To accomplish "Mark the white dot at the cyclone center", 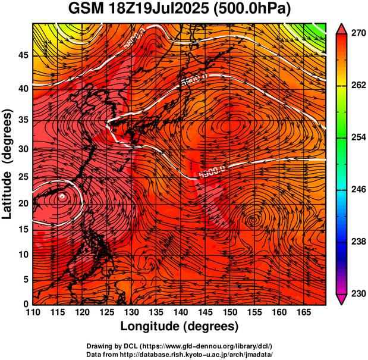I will click(62, 195).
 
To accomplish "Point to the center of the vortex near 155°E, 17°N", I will click(254, 220).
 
